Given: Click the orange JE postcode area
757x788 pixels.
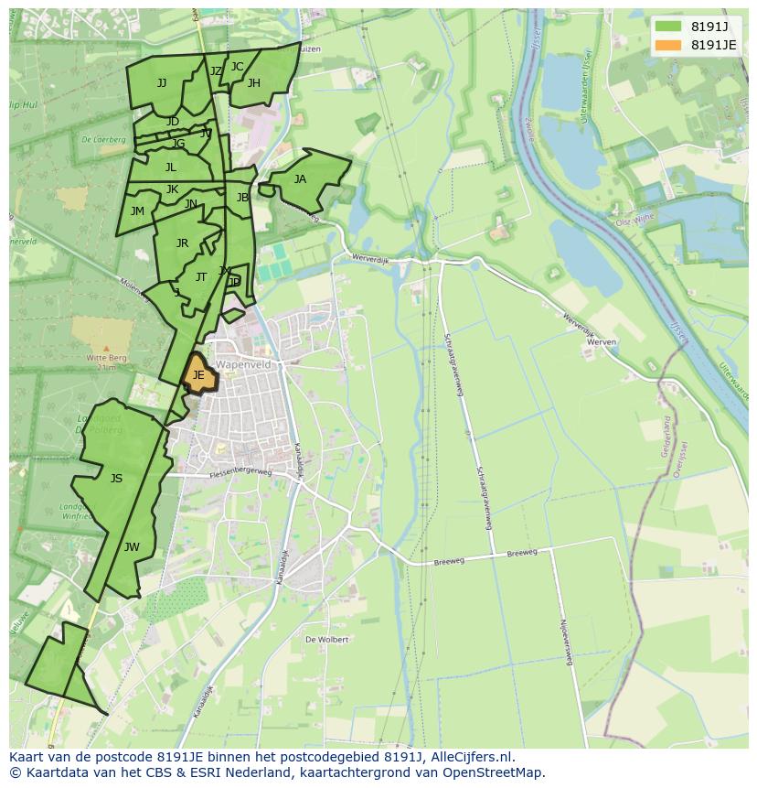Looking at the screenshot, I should click(199, 375).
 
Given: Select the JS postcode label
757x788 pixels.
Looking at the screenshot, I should click(116, 479).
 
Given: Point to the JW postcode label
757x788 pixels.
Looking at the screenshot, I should click(132, 547).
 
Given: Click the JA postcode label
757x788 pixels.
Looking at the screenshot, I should click(300, 179).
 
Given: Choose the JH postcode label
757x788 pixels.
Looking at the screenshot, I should click(254, 83).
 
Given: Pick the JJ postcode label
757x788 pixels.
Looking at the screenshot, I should click(162, 83).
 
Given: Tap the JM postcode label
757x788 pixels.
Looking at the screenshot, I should click(137, 211).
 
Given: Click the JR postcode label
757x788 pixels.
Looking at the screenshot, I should click(182, 243).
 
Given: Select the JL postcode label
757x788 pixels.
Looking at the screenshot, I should click(171, 167).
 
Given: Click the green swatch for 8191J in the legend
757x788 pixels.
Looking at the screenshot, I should click(668, 26).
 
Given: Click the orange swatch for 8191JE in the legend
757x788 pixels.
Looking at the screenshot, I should click(668, 45).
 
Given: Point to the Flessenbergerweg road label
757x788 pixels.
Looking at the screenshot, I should click(240, 473).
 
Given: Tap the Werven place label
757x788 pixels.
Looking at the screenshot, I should click(602, 341).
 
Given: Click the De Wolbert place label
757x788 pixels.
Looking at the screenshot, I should click(327, 640).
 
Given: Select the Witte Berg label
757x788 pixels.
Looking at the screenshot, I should click(106, 357).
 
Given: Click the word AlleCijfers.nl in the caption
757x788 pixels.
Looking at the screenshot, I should click(471, 758).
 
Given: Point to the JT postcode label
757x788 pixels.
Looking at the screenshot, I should click(201, 277).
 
